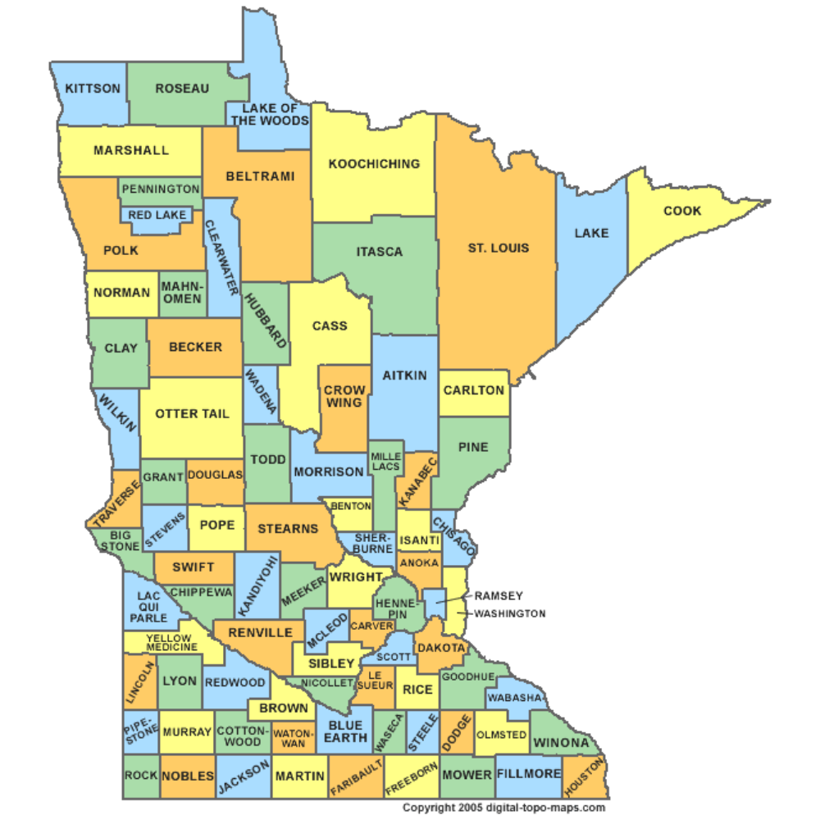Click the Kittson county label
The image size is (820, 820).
click(x=93, y=89)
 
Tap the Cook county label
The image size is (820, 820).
click(x=682, y=211)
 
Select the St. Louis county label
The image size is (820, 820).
click(x=499, y=248)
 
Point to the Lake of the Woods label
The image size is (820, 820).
click(x=270, y=115)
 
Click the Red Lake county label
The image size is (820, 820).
click(x=158, y=215)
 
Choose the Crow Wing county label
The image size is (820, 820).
click(x=343, y=397)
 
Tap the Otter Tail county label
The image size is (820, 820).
click(x=193, y=413)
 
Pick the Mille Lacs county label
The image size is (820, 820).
click(x=385, y=462)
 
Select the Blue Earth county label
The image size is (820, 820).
click(x=345, y=731)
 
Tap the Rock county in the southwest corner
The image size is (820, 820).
click(x=140, y=775)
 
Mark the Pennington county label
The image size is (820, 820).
click(x=161, y=189)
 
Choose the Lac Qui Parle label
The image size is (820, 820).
click(x=148, y=607)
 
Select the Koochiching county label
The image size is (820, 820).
click(x=374, y=164)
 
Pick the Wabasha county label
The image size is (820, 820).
click(x=515, y=699)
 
